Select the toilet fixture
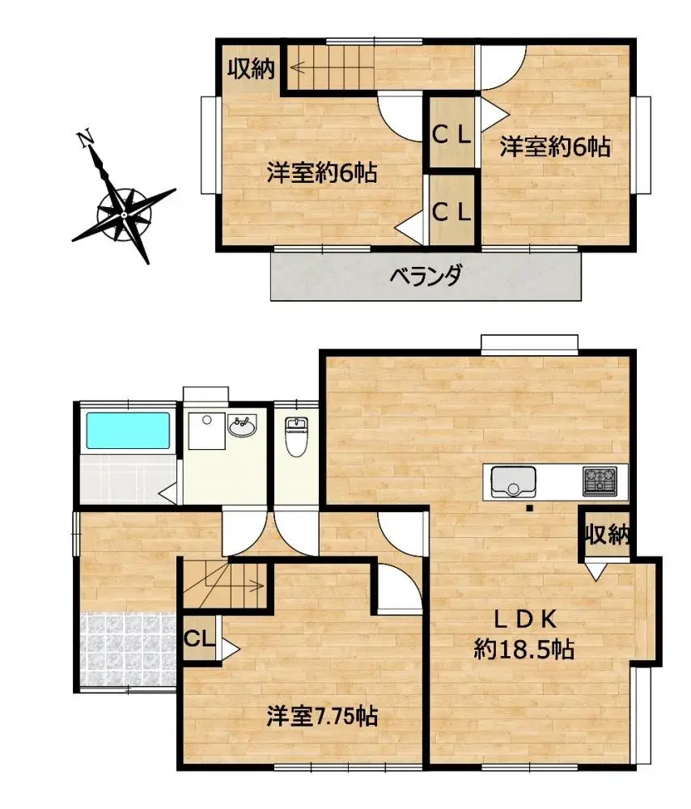tap(297, 437)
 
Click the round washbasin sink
tap(243, 426)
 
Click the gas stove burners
tap(600, 481)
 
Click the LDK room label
tap(524, 619)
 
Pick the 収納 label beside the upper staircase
tap(249, 70)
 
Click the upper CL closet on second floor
tap(451, 134)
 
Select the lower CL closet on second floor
tap(451, 212)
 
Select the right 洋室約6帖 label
tap(554, 147)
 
